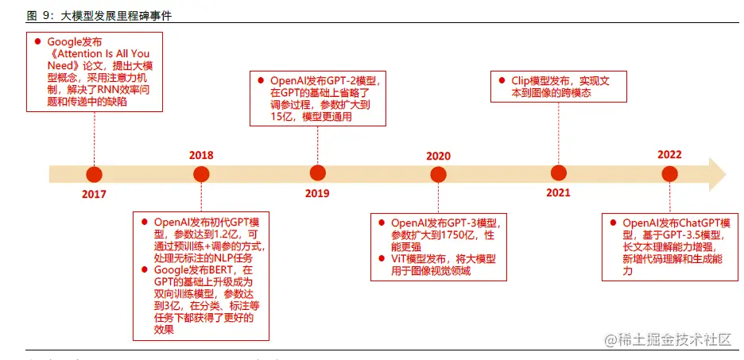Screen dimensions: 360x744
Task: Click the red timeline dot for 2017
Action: pyautogui.click(x=95, y=174)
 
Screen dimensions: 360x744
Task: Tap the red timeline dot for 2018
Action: pyautogui.click(x=201, y=174)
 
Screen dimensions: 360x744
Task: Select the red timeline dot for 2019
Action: pyautogui.click(x=318, y=173)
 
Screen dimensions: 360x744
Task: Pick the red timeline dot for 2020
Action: pyautogui.click(x=439, y=174)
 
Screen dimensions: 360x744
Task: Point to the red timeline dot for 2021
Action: pyautogui.click(x=559, y=173)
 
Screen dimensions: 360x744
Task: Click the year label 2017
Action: pyautogui.click(x=94, y=194)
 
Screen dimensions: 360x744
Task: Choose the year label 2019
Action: pyautogui.click(x=317, y=193)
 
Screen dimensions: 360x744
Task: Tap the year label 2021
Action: pyautogui.click(x=558, y=193)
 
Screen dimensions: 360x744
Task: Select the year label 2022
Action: pyautogui.click(x=670, y=155)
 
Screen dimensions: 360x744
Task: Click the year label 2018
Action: pyautogui.click(x=201, y=155)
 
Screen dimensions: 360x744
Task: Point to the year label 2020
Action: pyautogui.click(x=438, y=156)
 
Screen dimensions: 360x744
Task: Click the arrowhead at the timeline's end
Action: pyautogui.click(x=717, y=174)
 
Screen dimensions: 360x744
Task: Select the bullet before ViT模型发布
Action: pyautogui.click(x=381, y=259)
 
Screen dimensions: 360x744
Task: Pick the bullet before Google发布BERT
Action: pyautogui.click(x=145, y=270)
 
